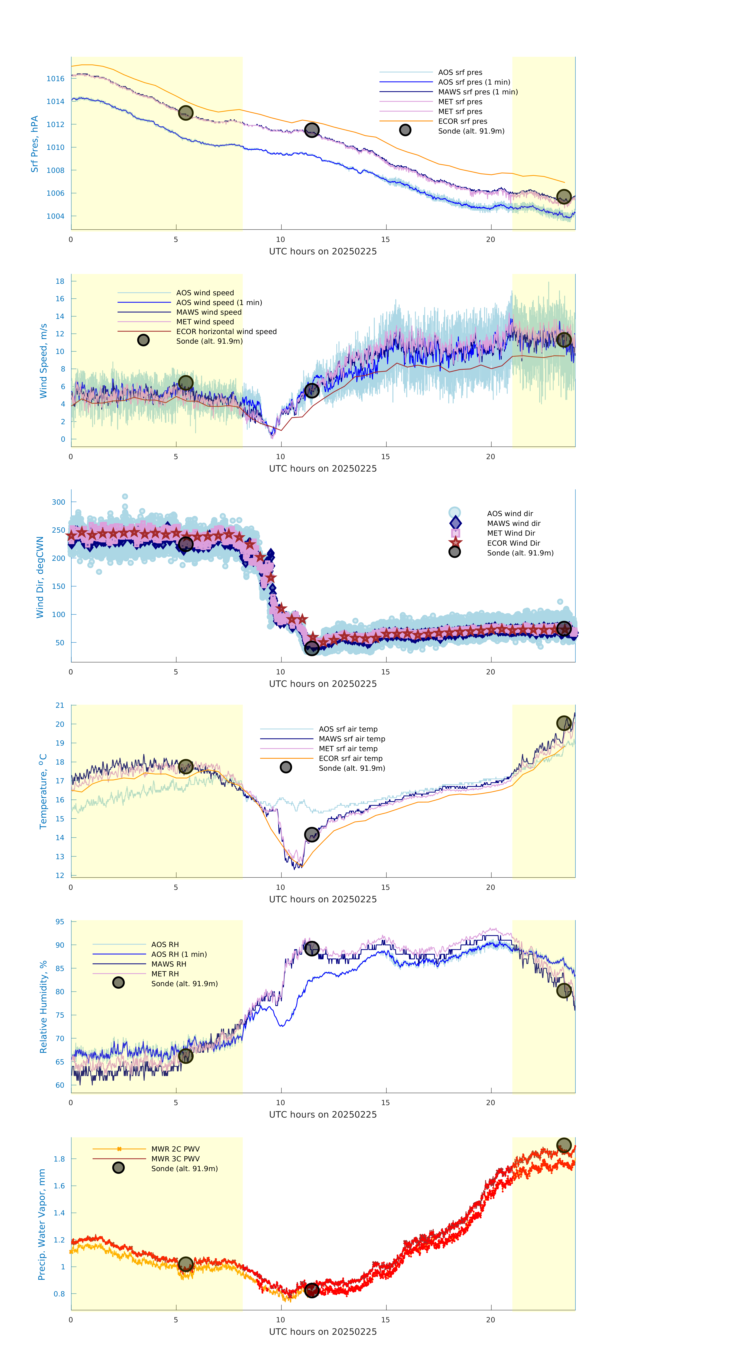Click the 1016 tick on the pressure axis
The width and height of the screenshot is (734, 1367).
[55, 78]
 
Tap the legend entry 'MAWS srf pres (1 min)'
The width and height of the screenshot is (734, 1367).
[478, 92]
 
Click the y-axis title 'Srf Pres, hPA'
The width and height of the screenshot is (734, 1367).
[35, 144]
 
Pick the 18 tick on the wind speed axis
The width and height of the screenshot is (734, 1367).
[60, 281]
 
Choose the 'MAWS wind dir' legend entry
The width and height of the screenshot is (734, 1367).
[513, 523]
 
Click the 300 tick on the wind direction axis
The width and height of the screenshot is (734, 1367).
[58, 502]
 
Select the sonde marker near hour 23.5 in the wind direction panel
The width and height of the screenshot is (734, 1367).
[564, 629]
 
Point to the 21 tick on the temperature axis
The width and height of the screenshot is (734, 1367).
[60, 705]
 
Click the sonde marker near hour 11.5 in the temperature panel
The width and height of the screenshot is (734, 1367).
[311, 835]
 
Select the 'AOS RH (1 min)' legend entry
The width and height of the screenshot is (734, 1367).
[179, 954]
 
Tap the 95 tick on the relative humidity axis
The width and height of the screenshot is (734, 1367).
[60, 922]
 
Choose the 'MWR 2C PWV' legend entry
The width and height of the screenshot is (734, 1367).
[175, 1149]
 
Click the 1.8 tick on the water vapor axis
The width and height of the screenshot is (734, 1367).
[59, 1159]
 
